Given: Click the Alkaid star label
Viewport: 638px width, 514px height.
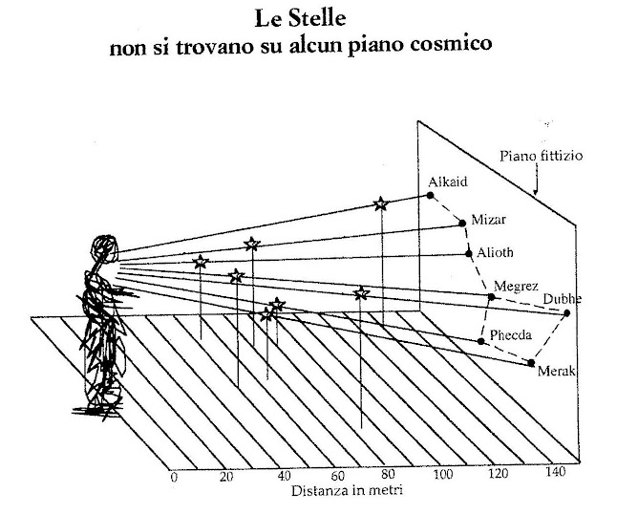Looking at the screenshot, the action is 448,182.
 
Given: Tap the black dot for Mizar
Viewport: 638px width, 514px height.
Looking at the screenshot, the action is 462,223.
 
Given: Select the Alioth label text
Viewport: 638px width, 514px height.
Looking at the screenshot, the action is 495,253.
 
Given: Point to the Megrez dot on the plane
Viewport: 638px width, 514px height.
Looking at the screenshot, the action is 492,297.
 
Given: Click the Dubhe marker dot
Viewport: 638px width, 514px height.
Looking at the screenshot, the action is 566,313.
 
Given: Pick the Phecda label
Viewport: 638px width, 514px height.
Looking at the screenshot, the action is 511,335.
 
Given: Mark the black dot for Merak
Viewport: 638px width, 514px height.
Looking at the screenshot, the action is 531,363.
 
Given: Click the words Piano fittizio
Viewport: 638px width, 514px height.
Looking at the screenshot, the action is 542,156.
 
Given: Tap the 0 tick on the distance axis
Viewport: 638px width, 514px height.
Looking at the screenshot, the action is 174,477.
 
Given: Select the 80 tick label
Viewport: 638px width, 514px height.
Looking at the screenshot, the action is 388,474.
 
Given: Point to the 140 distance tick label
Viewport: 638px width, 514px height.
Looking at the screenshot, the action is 556,472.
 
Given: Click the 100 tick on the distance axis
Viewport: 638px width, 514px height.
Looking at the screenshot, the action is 443,475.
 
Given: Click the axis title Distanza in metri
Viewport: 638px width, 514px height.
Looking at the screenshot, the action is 347,490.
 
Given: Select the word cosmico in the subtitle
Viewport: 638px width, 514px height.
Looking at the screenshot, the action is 451,44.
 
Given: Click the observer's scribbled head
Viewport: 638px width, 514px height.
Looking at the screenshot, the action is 105,247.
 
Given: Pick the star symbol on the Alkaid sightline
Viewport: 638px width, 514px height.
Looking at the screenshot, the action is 380,203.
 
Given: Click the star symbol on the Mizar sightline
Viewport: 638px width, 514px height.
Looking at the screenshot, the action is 252,245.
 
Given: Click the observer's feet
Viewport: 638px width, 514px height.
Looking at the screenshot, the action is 97,410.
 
